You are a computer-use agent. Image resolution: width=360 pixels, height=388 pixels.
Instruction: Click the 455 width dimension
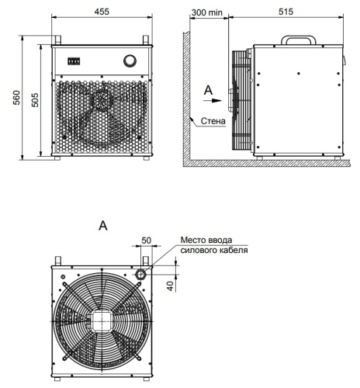pos(102,12)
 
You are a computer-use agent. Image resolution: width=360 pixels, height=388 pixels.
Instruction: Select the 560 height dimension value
pos(16,98)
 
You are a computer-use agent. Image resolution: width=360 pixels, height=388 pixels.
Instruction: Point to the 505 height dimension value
pos(35,100)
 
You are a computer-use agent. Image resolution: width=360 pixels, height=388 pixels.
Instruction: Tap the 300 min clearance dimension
pos(207,12)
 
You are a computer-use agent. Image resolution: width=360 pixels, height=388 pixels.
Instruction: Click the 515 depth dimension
pos(286,12)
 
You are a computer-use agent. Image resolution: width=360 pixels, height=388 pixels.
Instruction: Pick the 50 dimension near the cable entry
pos(146,241)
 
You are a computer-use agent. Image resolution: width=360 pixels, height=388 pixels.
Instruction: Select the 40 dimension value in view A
pos(170,286)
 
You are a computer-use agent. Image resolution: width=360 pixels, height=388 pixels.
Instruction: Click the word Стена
pos(213,121)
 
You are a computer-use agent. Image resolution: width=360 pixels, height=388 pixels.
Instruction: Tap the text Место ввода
pos(206,240)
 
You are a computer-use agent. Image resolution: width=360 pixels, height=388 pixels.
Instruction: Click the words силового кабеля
pos(214,250)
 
